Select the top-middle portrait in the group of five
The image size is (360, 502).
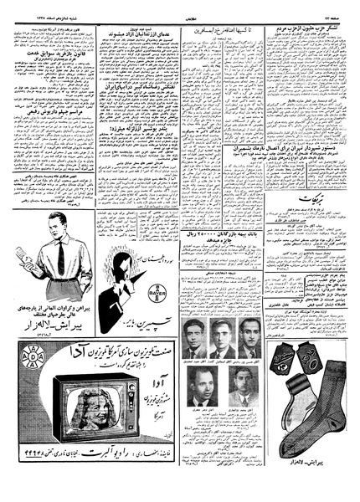221,340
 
